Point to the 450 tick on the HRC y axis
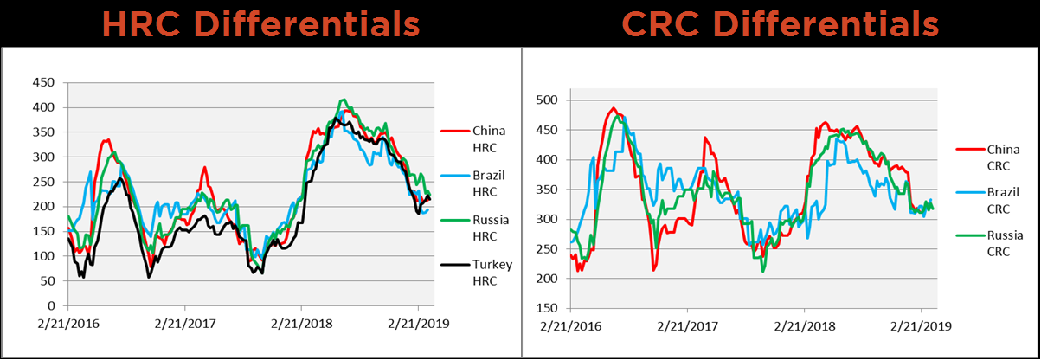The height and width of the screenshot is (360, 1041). tap(42, 83)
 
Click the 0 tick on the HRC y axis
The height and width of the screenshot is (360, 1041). tap(51, 306)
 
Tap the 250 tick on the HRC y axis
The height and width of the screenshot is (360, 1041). tap(42, 183)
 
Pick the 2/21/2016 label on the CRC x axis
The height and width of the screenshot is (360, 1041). tap(570, 327)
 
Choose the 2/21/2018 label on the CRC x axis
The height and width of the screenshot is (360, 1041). tap(804, 327)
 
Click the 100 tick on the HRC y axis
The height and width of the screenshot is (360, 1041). tap(42, 257)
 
